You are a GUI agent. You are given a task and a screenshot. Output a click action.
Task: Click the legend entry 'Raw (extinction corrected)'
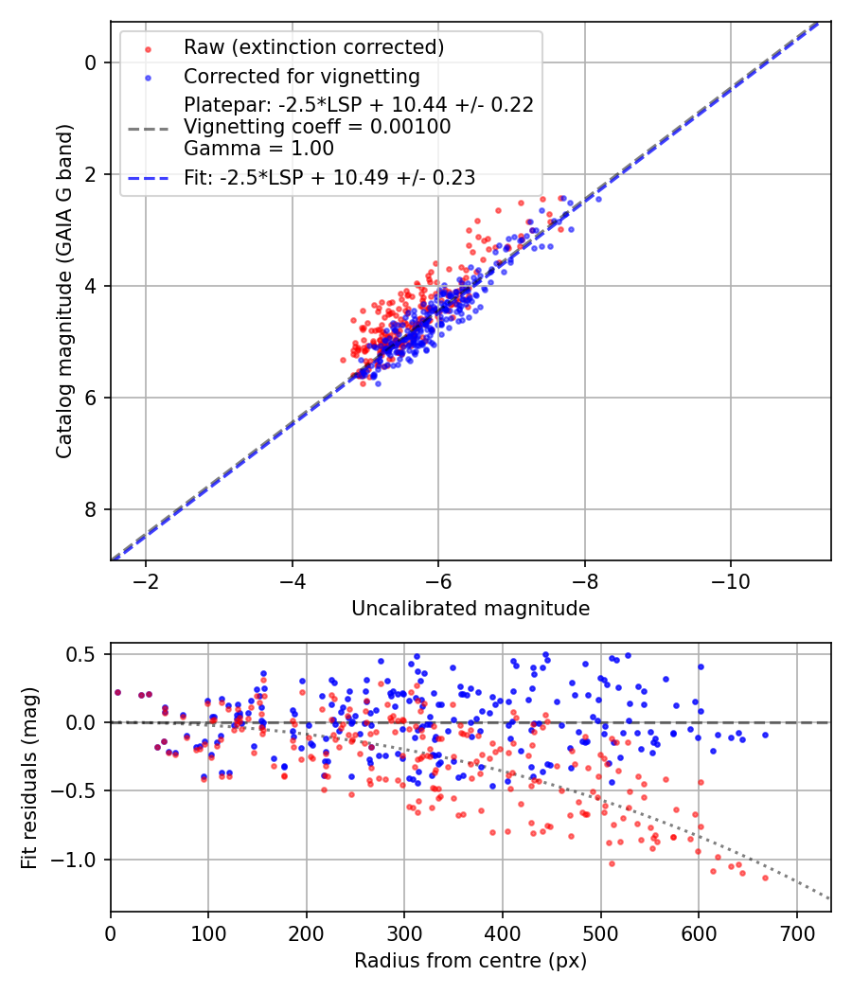click(x=313, y=47)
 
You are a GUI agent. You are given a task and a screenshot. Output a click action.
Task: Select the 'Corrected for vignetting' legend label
click(x=301, y=76)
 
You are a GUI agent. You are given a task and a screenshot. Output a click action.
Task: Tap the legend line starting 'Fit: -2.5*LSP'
click(x=329, y=177)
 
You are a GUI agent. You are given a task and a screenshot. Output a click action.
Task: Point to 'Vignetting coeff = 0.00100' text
click(x=317, y=126)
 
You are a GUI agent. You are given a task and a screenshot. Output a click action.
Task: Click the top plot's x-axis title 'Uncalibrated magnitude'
click(x=470, y=609)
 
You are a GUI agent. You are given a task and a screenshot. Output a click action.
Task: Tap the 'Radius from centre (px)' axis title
click(x=470, y=961)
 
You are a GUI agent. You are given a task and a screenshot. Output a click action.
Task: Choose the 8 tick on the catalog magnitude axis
click(x=92, y=509)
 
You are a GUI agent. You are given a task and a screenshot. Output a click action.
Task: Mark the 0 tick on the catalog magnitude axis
click(x=92, y=62)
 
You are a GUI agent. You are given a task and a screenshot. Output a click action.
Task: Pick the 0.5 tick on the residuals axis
click(x=82, y=654)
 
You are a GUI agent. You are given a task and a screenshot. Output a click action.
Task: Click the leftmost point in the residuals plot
click(x=117, y=692)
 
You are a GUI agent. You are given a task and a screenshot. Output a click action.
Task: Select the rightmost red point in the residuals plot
click(x=765, y=878)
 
